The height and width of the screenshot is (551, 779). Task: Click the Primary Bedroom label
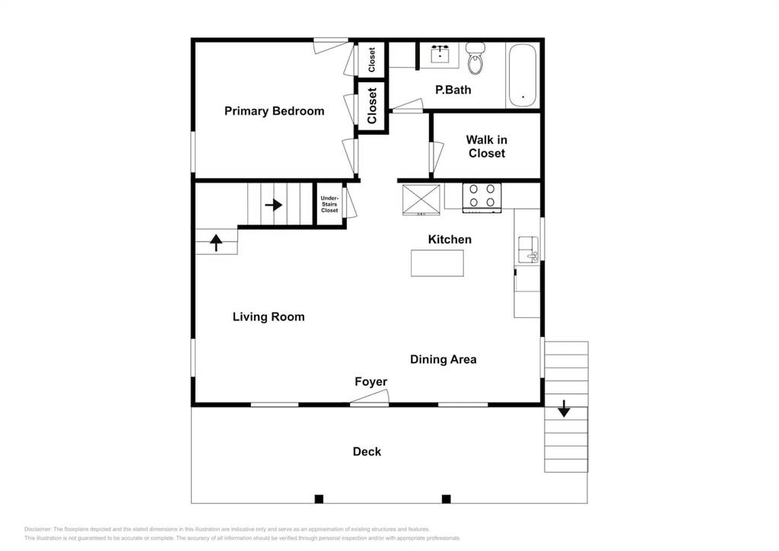point(274,111)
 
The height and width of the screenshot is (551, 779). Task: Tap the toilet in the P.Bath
point(475,58)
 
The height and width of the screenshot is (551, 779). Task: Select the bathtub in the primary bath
point(522,75)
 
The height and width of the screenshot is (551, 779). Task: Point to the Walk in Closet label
point(486,147)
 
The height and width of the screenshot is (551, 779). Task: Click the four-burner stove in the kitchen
point(482,198)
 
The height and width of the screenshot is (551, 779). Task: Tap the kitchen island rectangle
point(437,263)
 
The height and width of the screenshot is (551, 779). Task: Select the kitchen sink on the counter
point(528,250)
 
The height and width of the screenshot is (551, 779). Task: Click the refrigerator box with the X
point(421,199)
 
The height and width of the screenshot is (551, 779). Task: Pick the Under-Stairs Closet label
point(329,204)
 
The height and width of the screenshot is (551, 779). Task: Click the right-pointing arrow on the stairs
point(274,205)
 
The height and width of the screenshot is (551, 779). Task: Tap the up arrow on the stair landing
point(216,243)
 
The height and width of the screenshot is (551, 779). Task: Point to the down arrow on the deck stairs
point(564,409)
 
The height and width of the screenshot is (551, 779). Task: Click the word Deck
point(367,451)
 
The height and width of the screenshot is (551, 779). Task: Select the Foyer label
point(370,381)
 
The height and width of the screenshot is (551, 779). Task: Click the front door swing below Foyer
point(369,397)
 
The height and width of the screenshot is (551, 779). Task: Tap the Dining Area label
point(444,359)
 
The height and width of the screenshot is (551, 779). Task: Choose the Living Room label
point(269,317)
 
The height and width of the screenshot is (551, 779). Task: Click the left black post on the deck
point(319,498)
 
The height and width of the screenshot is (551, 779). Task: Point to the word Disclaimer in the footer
point(37,529)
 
